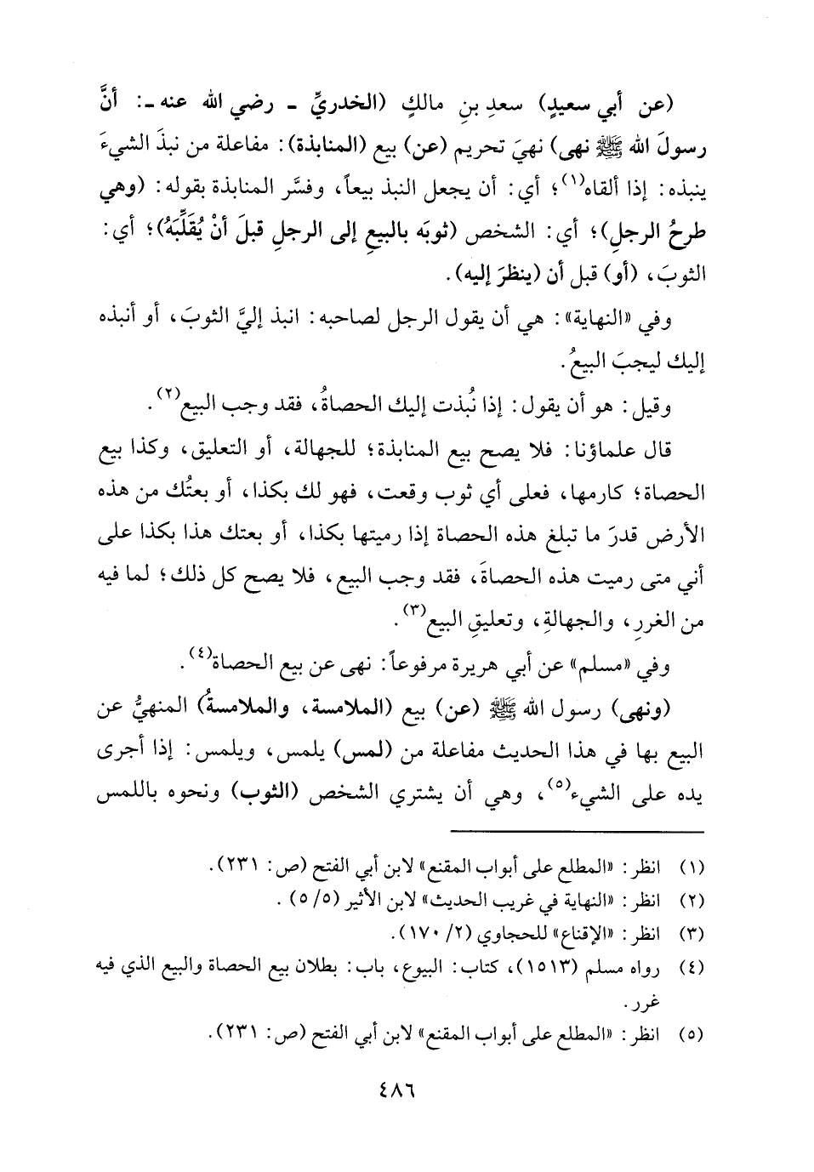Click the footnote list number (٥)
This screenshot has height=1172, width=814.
[x=695, y=1035]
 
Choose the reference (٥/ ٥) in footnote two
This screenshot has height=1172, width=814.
[x=314, y=901]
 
